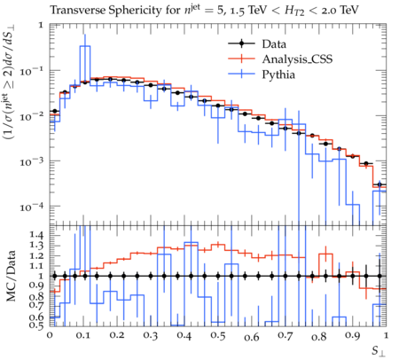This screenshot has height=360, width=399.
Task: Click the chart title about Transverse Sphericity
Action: point(204,11)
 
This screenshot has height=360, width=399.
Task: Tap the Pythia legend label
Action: point(278,74)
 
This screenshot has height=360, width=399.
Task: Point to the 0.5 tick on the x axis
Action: point(218,336)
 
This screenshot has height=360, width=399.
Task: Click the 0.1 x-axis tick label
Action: point(83,336)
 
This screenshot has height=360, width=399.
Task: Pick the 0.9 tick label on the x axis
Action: point(353,336)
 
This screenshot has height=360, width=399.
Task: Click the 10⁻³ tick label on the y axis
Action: point(32,161)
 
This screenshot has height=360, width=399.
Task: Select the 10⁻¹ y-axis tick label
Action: point(32,71)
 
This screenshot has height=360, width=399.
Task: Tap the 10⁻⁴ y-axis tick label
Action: point(32,207)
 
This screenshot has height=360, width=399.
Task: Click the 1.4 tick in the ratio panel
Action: point(36,235)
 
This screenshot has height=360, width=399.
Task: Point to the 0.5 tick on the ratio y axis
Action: point(36,325)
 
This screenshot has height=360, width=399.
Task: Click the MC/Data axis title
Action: point(11,276)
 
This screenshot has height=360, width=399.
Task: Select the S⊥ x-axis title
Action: point(379,351)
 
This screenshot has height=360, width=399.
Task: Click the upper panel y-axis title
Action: point(11,83)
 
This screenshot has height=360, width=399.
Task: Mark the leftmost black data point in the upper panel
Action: point(54,111)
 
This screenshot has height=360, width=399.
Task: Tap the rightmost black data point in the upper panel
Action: point(379,184)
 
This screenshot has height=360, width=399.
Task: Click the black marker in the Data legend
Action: point(241,44)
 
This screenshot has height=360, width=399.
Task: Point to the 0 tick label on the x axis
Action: point(50,336)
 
